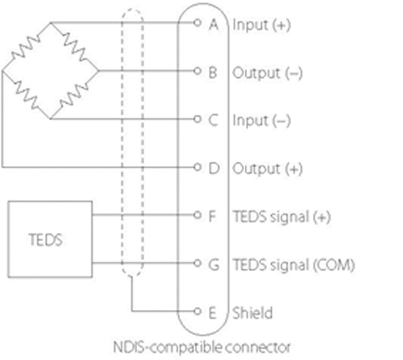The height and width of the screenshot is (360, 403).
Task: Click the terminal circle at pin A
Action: pyautogui.click(x=197, y=23)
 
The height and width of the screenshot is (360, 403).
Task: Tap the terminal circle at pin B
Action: pyautogui.click(x=197, y=71)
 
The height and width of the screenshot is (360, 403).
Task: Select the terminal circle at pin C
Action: pyautogui.click(x=197, y=119)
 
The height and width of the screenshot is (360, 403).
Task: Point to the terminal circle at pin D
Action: pyautogui.click(x=197, y=167)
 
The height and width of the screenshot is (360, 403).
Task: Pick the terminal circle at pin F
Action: pyautogui.click(x=197, y=215)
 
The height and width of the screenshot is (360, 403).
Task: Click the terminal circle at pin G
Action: pyautogui.click(x=197, y=263)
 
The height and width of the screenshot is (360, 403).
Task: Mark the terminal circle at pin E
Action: pyautogui.click(x=197, y=311)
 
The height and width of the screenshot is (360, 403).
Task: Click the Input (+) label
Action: pyautogui.click(x=262, y=25)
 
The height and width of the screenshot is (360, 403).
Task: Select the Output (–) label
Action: pyautogui.click(x=268, y=73)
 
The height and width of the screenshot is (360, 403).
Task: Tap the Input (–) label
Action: pyautogui.click(x=262, y=121)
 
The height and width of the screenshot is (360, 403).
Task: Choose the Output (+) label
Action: pyautogui.click(x=268, y=169)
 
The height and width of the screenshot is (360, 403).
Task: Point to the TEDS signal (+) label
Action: pyautogui.click(x=281, y=217)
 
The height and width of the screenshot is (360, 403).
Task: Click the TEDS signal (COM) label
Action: pyautogui.click(x=293, y=265)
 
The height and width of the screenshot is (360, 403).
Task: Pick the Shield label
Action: pyautogui.click(x=252, y=312)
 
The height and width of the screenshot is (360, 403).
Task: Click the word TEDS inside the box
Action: pyautogui.click(x=46, y=240)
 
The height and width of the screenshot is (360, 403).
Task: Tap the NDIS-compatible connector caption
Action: pyautogui.click(x=201, y=347)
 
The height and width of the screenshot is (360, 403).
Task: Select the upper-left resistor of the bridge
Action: pyautogui.click(x=26, y=48)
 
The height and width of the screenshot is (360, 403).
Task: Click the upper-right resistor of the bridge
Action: pyautogui.click(x=75, y=47)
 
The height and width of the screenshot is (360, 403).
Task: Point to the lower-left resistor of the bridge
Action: pyautogui.click(x=26, y=95)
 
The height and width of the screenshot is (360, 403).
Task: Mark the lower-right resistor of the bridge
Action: pyautogui.click(x=74, y=95)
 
